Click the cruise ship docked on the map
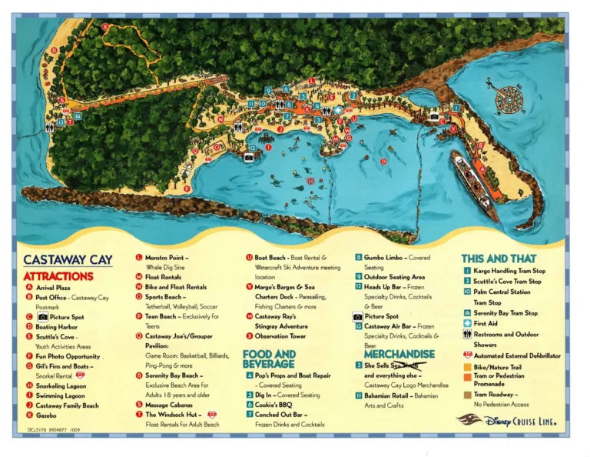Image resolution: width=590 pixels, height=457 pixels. tap(474, 185)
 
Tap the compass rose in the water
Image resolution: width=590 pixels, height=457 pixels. tap(508, 99)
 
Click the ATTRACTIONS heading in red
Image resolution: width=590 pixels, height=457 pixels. tap(58, 275)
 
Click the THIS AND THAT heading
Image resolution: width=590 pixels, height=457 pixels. tap(499, 259)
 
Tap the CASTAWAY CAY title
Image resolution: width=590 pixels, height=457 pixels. tap(67, 260)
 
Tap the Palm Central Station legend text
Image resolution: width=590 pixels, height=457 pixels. tap(502, 292)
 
